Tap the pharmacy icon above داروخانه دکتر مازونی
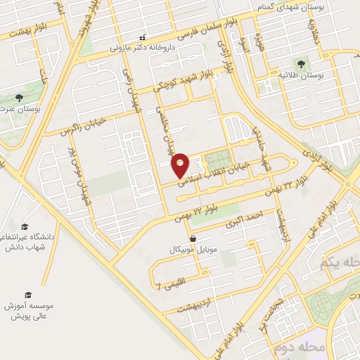pos(143,37)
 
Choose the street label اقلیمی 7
pos(174,284)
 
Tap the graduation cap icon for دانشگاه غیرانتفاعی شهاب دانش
pos(25,227)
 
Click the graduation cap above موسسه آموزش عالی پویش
pos(28,295)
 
